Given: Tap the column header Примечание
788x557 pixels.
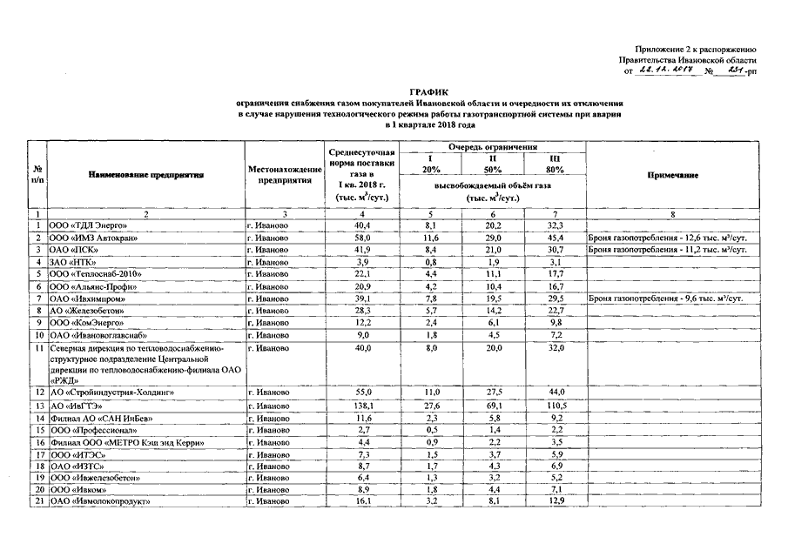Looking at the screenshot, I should [673, 175].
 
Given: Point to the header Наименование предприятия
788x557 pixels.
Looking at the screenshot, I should [145, 175].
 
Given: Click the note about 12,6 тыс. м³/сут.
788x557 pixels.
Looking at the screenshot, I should [668, 238].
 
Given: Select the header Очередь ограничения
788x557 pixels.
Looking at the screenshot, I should [492, 148].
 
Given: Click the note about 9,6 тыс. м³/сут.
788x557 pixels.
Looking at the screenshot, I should [666, 299].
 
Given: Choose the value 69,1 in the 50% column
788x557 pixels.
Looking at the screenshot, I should [493, 406].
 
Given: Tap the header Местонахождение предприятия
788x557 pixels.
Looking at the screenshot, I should [280, 175].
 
